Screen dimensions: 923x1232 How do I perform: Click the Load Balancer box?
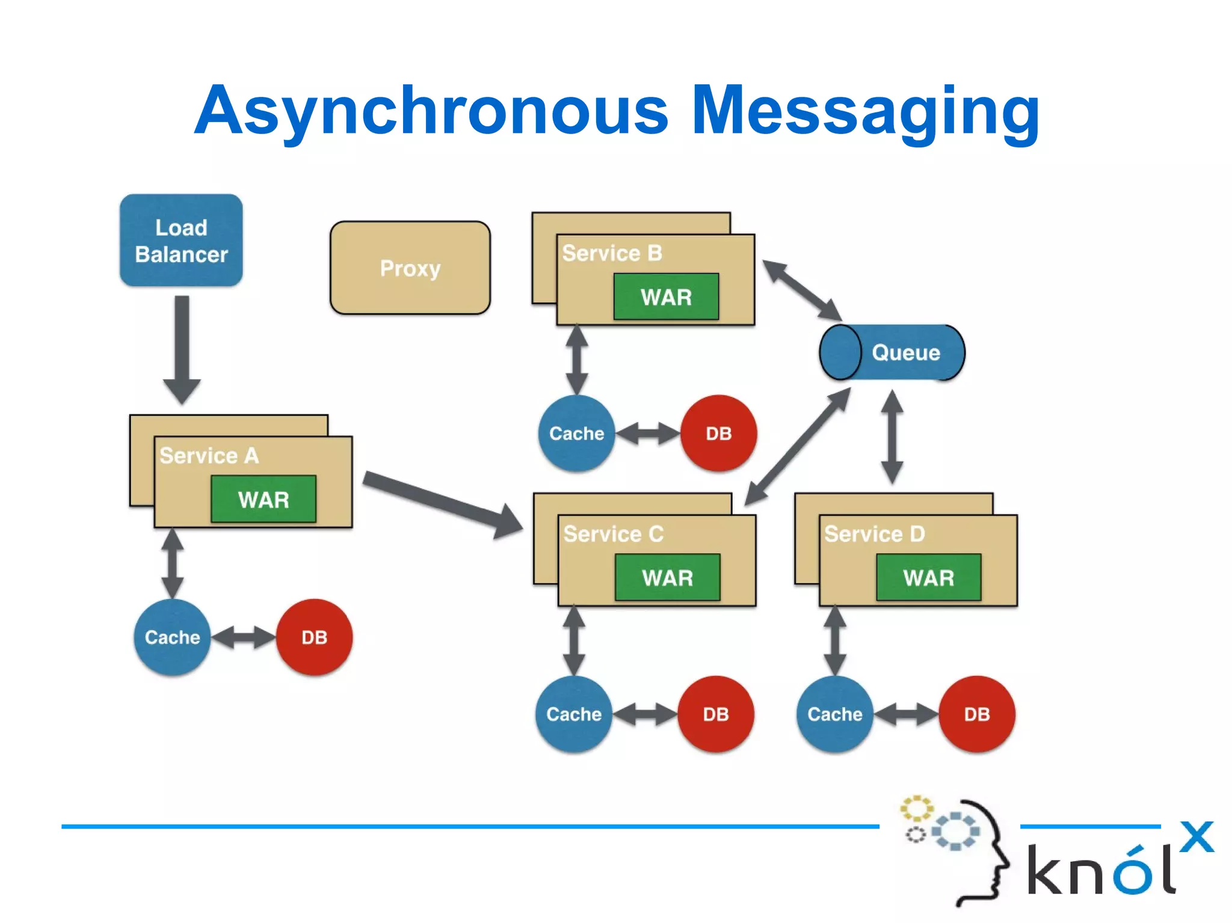[x=181, y=240]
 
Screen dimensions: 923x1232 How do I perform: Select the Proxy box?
[x=410, y=268]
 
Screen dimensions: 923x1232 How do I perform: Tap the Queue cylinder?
[x=893, y=352]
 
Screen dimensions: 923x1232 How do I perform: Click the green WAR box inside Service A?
[x=263, y=499]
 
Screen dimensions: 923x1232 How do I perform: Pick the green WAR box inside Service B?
[x=666, y=296]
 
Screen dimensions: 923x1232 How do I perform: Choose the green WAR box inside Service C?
[x=667, y=577]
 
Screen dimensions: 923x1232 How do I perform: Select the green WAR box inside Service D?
[x=928, y=577]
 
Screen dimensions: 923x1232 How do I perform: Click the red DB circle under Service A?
[x=314, y=637]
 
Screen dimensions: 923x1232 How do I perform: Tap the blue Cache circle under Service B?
[x=576, y=433]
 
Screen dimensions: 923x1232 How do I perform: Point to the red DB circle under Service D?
[x=976, y=714]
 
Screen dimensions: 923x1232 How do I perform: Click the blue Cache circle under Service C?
[x=574, y=714]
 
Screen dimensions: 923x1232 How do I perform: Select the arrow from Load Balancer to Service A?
[x=182, y=349]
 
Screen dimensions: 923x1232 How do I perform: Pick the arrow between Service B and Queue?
[x=802, y=290]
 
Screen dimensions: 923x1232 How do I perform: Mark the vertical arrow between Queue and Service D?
[x=892, y=437]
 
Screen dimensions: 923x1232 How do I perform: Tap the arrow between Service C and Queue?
[x=798, y=446]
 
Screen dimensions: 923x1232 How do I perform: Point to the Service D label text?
[x=874, y=533]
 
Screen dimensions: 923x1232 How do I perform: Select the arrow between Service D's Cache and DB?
[x=905, y=714]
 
